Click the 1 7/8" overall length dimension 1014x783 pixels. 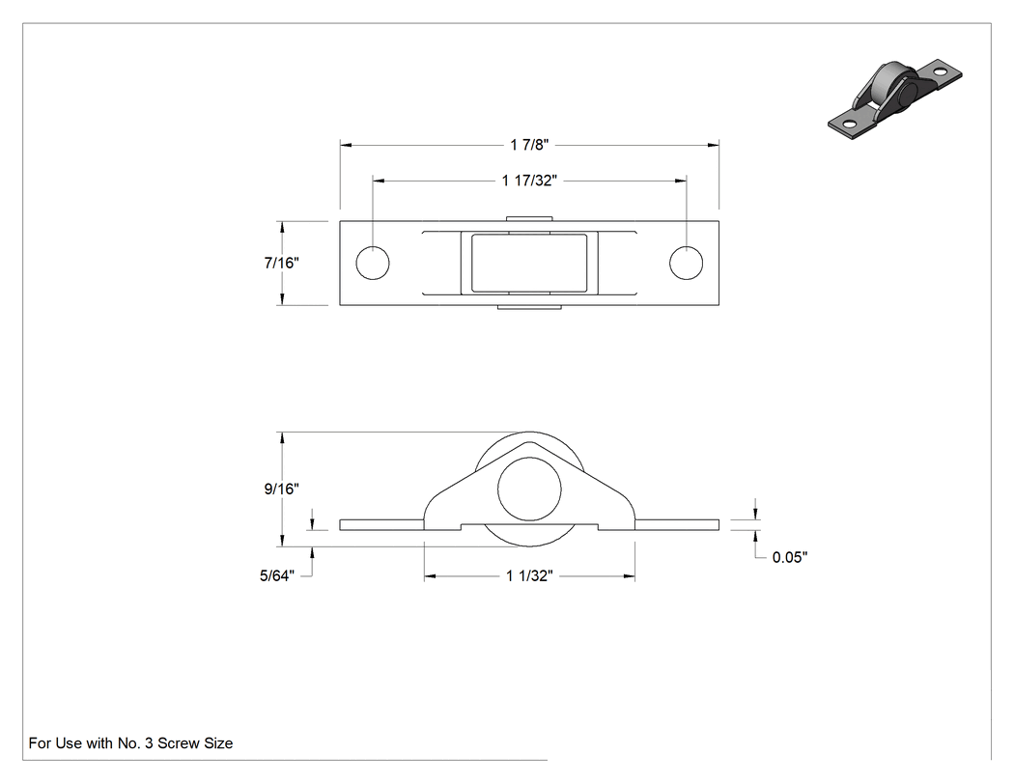tap(529, 145)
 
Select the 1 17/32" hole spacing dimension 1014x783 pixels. tap(529, 181)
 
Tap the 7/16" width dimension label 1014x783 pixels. tap(281, 263)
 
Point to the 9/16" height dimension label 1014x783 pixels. tap(281, 489)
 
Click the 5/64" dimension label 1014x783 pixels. tap(277, 575)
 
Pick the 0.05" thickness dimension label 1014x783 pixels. tap(790, 557)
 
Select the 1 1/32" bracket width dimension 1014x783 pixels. tap(529, 575)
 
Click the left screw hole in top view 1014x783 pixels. tap(373, 264)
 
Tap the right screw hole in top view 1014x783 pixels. tap(686, 264)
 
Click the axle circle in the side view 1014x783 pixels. tap(529, 489)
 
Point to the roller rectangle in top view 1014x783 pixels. tap(529, 264)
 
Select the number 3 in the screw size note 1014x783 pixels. tap(149, 743)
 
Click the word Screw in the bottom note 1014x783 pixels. tap(177, 743)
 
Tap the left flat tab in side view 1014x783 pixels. tap(381, 524)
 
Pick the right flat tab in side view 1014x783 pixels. tap(677, 524)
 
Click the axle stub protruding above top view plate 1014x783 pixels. tap(529, 218)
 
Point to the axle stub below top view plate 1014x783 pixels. tap(529, 307)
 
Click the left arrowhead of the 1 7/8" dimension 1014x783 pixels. tap(346, 145)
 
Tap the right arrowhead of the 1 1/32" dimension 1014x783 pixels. tap(630, 575)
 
